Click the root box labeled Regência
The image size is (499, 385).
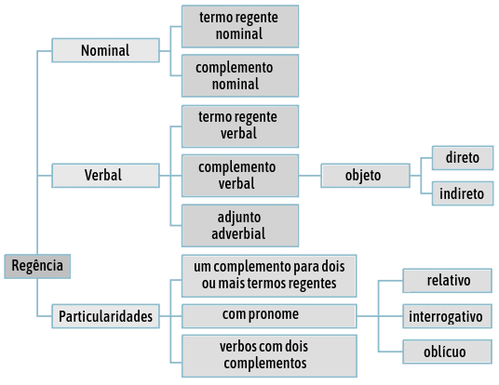pos(37,266)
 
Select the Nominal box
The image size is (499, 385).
pos(105,50)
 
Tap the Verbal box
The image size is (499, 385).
pos(105,176)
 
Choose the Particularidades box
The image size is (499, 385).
pos(105,316)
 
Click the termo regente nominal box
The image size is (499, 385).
pos(240,26)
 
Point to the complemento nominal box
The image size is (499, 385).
pos(240,75)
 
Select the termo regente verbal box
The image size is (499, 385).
pos(240,126)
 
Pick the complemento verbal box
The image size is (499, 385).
pos(240,176)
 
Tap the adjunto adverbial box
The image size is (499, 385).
pos(240,225)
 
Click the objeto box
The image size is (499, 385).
pos(365,176)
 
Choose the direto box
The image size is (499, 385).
pos(463,158)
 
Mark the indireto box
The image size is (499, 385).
pos(463,193)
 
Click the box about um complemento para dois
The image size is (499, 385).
pos(269,275)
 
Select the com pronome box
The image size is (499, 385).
pos(269,316)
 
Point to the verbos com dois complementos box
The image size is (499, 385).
pos(269,356)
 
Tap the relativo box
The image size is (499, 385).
pos(448,281)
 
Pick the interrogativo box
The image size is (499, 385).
pos(448,316)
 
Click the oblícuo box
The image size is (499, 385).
pos(448,352)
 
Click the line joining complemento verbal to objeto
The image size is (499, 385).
pos(310,176)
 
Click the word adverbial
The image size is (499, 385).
pos(238,234)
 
